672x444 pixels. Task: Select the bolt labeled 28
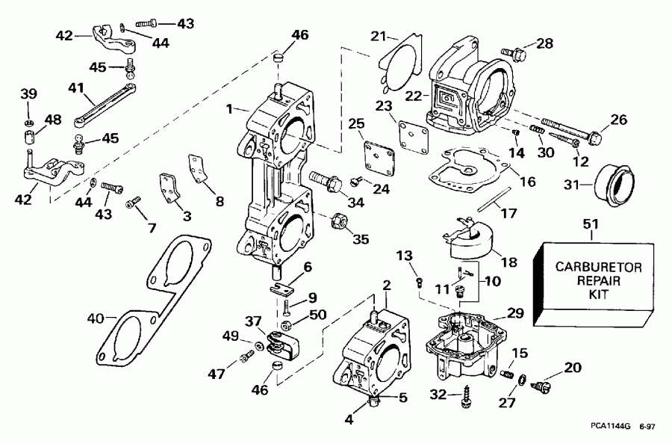(514, 52)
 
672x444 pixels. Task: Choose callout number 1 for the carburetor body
(231, 109)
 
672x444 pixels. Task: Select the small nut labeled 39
(28, 122)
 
